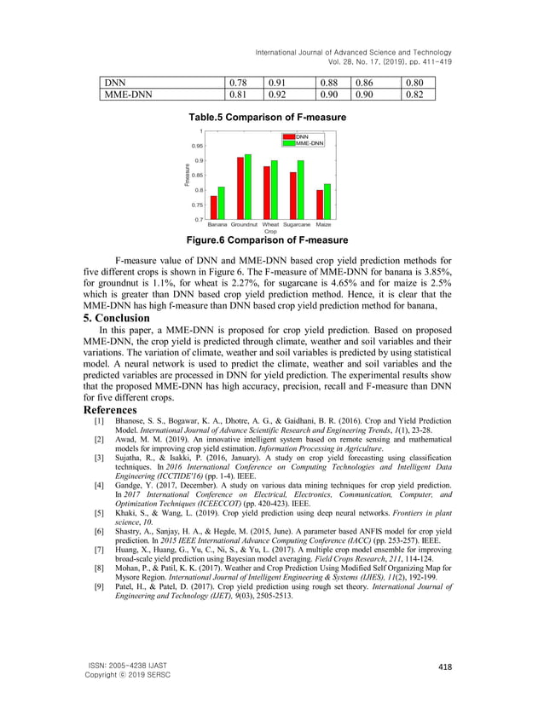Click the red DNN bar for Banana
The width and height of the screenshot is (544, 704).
(214, 207)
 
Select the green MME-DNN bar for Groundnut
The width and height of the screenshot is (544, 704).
(248, 187)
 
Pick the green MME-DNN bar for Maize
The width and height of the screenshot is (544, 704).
(327, 201)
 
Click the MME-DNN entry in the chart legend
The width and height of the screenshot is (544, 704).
(309, 143)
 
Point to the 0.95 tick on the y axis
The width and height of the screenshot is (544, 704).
(197, 146)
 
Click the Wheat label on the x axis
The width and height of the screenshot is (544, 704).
(270, 224)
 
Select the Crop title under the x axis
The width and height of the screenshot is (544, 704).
(270, 231)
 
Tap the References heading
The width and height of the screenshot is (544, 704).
(108, 410)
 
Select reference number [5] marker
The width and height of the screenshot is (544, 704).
(100, 516)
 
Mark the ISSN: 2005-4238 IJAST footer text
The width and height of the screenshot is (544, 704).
(126, 666)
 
